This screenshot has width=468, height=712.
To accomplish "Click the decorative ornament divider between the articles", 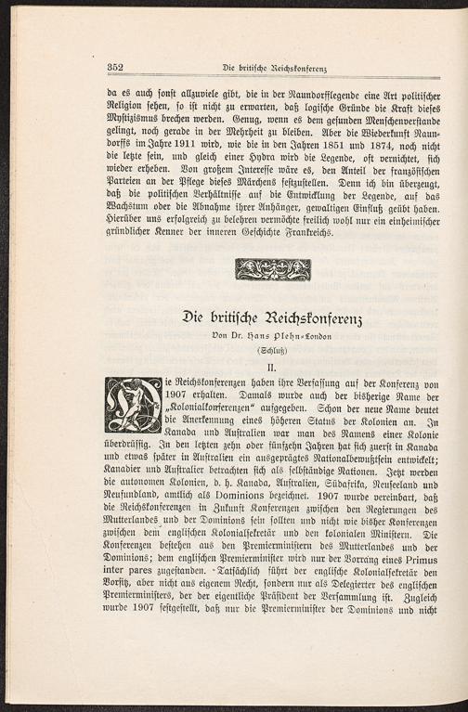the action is pos(273,269).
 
